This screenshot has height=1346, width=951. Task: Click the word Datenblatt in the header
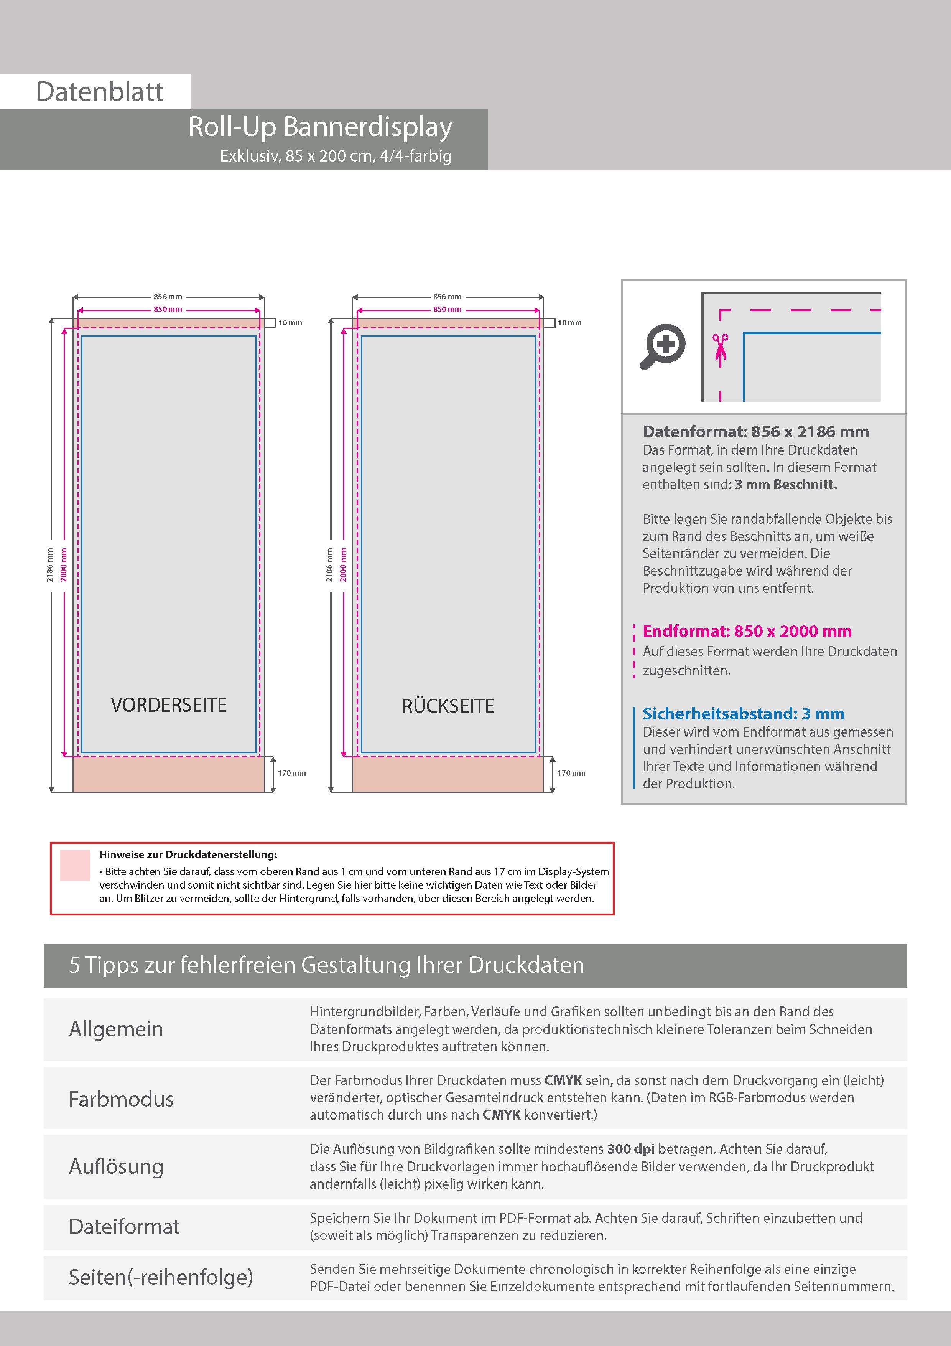coord(100,92)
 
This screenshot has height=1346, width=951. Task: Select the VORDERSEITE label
coord(169,705)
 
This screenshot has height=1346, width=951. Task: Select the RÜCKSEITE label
coord(448,706)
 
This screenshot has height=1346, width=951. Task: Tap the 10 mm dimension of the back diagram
coord(569,323)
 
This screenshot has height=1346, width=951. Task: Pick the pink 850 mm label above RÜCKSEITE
coord(447,310)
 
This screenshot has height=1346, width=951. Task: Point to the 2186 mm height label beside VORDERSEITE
coord(50,565)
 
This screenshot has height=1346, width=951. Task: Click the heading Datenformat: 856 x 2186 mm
coord(755,432)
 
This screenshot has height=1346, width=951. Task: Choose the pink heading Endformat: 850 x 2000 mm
coord(747,632)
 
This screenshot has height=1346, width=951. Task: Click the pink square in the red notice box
coord(75,865)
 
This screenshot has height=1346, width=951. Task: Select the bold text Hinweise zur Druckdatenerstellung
coord(188,855)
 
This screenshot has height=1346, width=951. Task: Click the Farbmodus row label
coord(121,1099)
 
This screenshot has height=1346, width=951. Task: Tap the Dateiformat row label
coord(124,1226)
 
